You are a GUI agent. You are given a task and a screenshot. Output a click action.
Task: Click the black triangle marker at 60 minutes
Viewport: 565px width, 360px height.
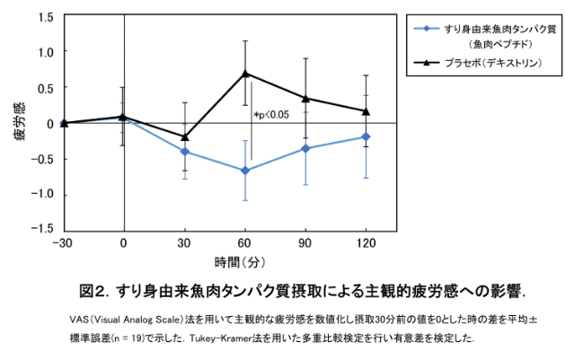[245, 73]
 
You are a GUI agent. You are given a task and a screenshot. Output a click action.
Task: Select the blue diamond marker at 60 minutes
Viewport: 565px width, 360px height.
[245, 171]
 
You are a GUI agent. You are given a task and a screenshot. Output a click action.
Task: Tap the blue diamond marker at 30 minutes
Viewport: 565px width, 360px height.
[185, 151]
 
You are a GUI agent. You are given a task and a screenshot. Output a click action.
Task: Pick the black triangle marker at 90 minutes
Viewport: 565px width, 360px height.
[305, 98]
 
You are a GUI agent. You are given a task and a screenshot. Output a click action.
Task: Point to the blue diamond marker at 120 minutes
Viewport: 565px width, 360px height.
[366, 136]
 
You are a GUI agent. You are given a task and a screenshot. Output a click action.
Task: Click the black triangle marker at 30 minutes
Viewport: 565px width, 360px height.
[185, 136]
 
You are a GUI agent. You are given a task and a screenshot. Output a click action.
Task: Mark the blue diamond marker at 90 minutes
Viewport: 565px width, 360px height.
[305, 148]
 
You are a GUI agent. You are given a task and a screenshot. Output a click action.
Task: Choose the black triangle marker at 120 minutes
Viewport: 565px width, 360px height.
[366, 110]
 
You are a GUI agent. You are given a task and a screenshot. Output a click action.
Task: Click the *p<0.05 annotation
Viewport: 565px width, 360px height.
[271, 114]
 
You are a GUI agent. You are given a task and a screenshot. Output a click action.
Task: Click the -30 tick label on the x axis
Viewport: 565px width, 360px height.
[62, 243]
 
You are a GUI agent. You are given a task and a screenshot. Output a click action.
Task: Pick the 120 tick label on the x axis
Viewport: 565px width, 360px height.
[366, 243]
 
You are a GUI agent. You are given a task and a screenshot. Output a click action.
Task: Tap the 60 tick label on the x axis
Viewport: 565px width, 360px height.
[245, 243]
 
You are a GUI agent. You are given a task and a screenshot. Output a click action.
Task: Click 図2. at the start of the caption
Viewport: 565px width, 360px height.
[93, 292]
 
